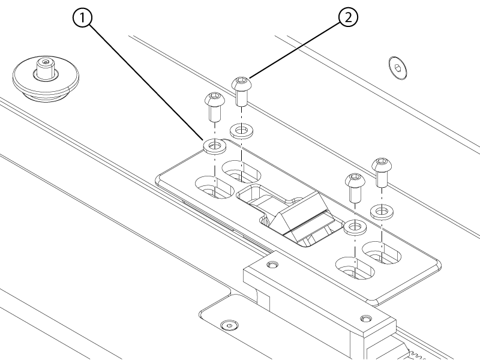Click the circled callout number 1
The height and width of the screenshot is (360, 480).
point(82,18)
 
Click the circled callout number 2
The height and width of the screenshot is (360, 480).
point(348,17)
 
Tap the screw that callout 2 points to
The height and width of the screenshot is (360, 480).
point(242,91)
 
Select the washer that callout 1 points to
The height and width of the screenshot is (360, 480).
point(215,146)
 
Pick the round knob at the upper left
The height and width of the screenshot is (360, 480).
point(46,79)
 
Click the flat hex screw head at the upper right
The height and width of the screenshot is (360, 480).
point(397,68)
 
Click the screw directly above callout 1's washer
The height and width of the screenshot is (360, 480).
point(215,106)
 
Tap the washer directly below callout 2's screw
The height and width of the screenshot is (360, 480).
point(241,131)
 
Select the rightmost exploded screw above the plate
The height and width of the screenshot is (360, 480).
point(382,172)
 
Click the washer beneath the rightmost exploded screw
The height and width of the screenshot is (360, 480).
point(382,212)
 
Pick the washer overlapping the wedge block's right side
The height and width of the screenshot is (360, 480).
point(355,228)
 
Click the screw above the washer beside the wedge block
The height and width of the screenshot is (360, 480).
point(355,188)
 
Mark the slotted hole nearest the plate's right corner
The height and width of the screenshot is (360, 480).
point(382,253)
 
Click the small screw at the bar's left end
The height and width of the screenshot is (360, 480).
point(272,264)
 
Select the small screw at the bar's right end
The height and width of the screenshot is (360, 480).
point(365,319)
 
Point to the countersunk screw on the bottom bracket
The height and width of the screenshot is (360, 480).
point(230,325)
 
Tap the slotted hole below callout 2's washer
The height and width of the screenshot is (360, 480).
point(241,172)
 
